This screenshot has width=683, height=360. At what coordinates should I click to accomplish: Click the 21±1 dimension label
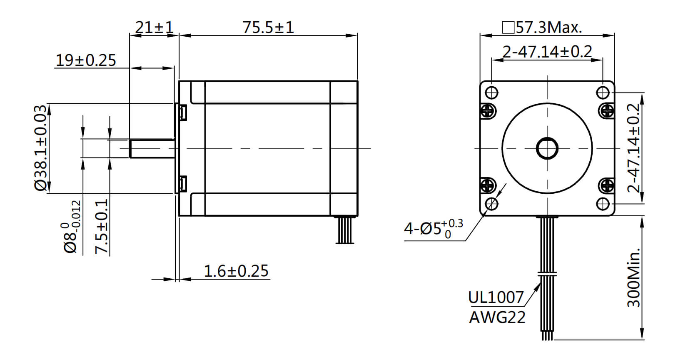pos(154,27)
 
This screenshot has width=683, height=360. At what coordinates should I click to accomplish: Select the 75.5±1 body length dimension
pos(268,27)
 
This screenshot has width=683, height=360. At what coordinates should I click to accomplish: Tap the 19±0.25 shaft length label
pos(86,60)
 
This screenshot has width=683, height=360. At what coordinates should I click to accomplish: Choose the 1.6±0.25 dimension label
pos(236,271)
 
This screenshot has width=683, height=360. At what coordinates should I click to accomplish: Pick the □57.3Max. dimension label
pos(542,27)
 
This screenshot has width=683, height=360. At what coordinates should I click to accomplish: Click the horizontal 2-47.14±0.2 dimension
pos(547,52)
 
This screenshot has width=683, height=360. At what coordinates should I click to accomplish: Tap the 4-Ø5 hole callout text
pos(433,228)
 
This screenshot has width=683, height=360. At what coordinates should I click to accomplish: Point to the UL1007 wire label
pos(496,297)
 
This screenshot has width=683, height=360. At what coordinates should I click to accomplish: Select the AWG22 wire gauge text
pos(497,317)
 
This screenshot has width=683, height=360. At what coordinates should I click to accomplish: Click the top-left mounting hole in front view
pos(492,92)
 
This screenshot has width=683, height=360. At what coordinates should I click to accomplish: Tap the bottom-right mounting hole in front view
pos(603,204)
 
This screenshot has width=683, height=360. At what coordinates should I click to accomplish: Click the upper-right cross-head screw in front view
pos(606,110)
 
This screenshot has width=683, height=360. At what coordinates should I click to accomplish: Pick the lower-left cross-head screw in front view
pos(488,185)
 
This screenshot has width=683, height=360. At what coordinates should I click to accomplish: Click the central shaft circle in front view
pos(547,148)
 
